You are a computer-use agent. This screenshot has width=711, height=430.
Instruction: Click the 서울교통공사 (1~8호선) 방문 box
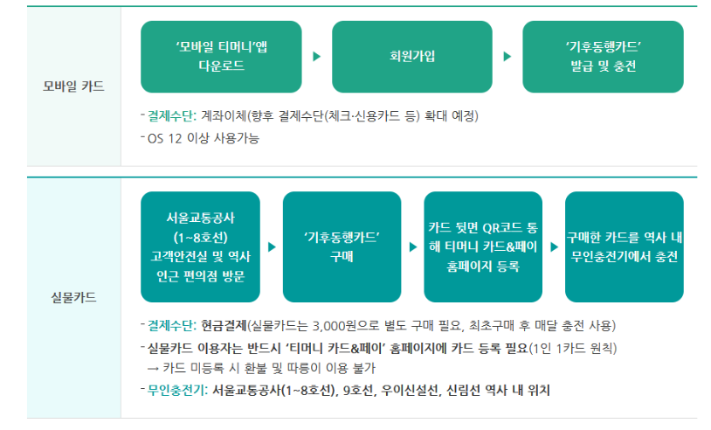tap(200, 247)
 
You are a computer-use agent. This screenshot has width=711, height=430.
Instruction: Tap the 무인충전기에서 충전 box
tap(624, 247)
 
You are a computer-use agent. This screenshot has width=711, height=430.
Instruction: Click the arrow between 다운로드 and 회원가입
tap(316, 57)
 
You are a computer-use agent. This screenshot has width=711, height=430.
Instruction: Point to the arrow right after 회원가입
tap(507, 57)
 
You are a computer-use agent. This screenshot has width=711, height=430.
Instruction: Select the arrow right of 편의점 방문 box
tap(271, 247)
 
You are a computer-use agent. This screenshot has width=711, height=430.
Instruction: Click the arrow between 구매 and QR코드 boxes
tap(412, 247)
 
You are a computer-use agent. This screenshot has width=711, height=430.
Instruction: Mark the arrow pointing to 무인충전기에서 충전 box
tap(554, 247)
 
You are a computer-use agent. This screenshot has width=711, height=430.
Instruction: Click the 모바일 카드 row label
tap(73, 86)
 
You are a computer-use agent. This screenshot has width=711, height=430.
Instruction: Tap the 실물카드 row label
tap(73, 297)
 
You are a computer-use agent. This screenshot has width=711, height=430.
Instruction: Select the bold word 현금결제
tap(224, 327)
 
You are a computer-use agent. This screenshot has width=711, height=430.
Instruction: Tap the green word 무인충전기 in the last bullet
tap(177, 390)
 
